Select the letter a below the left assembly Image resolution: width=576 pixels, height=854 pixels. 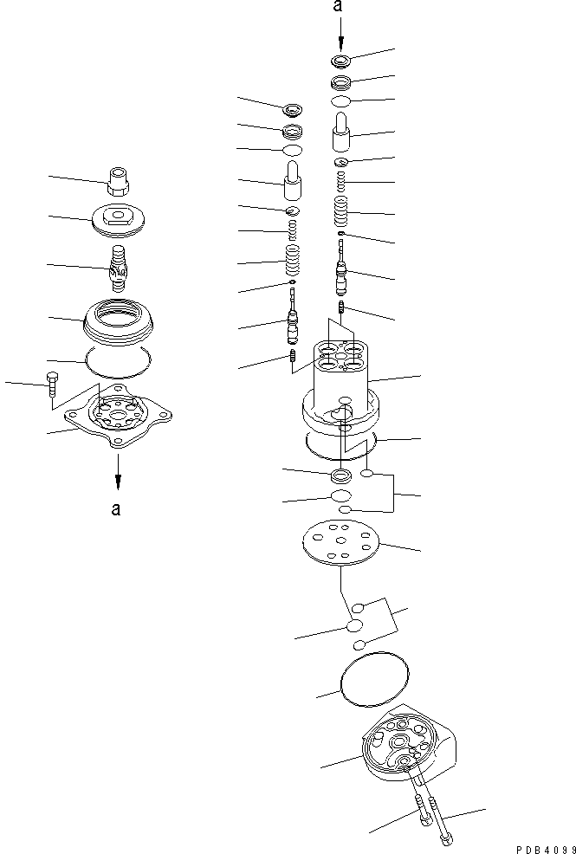[115, 508]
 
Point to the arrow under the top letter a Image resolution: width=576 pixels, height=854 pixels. [340, 35]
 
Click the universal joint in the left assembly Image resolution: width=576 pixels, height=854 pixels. [118, 265]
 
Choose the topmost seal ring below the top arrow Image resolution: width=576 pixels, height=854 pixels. [340, 61]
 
